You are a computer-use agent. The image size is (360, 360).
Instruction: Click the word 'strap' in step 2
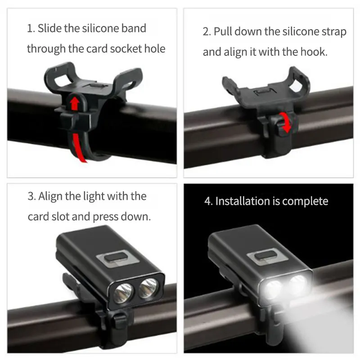coord(333,32)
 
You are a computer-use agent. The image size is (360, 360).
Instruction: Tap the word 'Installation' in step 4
coord(243,201)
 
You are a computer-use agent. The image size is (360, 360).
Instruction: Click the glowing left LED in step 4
coord(273,288)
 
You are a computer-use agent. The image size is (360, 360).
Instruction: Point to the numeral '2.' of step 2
coord(207,32)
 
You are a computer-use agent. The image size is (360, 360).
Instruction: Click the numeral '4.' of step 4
coord(208,201)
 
